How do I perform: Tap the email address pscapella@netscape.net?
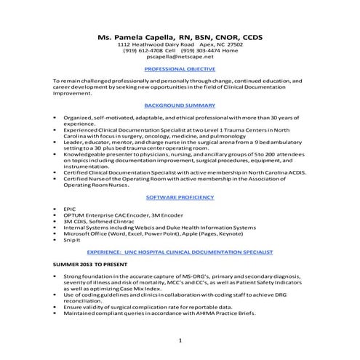180,56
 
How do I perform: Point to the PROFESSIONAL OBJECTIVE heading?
180,69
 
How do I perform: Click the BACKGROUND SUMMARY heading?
180,105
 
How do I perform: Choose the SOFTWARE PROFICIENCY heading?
180,197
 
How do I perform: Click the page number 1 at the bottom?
180,340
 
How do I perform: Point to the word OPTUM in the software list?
75,215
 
